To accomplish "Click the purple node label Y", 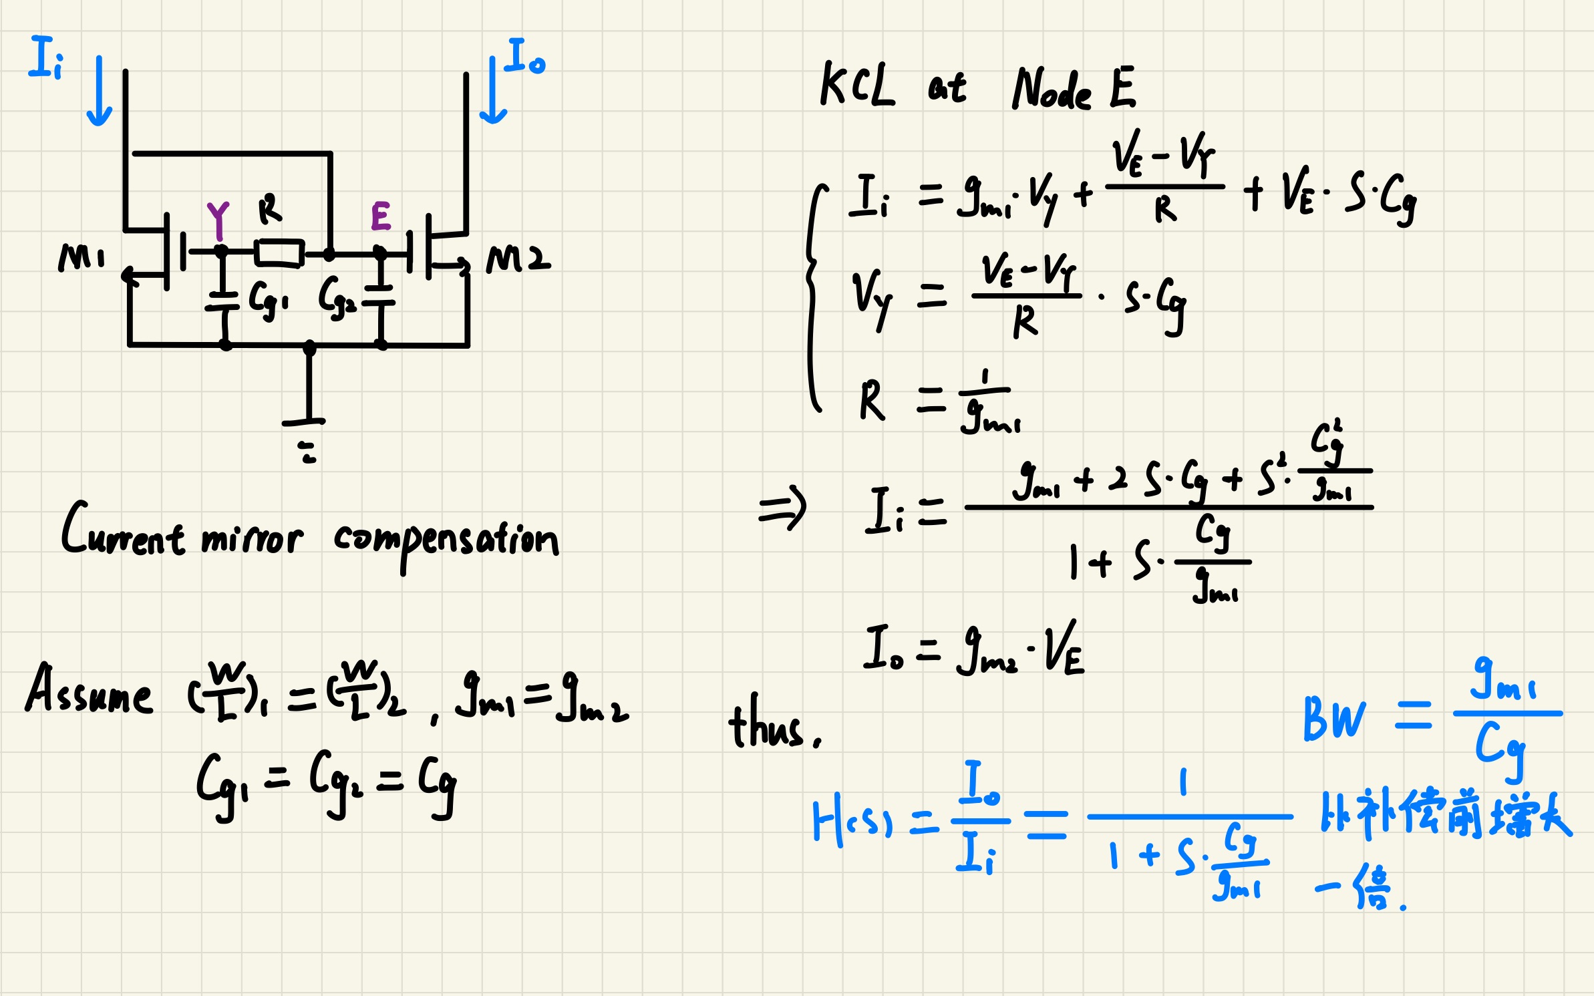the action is coord(218,220).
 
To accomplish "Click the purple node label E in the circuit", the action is coord(381,216).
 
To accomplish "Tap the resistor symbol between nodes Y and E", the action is coord(280,253).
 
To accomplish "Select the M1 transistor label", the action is coord(82,257).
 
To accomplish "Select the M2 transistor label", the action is coord(518,259).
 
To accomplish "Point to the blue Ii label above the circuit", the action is coord(46,58).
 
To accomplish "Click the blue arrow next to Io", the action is coord(493,91).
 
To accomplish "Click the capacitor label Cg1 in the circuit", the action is coord(268,298).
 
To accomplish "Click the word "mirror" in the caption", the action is coord(252,538).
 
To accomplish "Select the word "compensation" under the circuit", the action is coord(446,541).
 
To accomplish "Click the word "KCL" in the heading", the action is coord(857,85).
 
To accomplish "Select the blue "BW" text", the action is coord(1335,719).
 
